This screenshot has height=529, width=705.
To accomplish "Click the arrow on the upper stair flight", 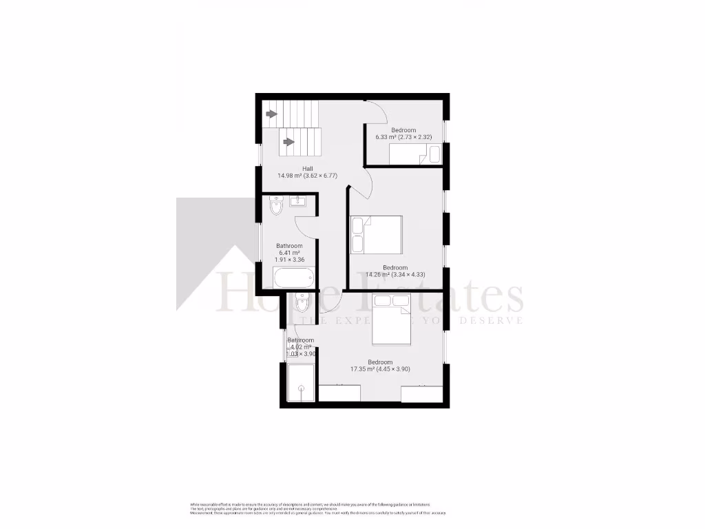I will (x=271, y=114).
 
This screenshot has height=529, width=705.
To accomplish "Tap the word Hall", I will (x=308, y=168).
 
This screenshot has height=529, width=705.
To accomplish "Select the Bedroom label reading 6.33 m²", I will (x=403, y=130).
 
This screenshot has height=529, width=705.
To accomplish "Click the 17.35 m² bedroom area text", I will (x=380, y=369).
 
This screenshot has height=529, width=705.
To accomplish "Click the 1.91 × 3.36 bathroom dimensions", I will (x=289, y=260).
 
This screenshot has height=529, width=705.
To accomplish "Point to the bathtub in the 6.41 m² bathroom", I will (x=294, y=278).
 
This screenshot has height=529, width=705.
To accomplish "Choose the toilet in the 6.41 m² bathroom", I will (x=277, y=205).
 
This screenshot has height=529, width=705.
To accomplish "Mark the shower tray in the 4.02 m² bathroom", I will (x=301, y=383).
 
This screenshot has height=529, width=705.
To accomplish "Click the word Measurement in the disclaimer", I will (x=202, y=513).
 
